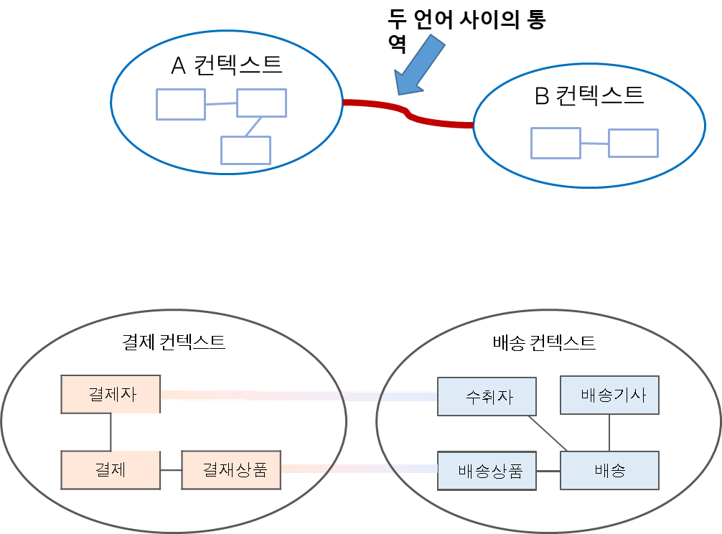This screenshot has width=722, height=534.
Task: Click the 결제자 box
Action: tap(111, 394)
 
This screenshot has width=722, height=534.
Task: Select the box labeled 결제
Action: tap(111, 470)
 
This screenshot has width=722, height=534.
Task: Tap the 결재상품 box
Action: tap(230, 470)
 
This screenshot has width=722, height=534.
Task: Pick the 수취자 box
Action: tap(487, 396)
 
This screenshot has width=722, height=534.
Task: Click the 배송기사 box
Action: tap(609, 395)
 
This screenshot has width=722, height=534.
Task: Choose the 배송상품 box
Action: tap(487, 471)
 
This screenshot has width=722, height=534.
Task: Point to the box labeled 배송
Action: tap(609, 471)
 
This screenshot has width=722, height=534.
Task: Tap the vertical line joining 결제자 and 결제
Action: tap(111, 432)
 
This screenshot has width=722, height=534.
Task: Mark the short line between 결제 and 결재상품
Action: tap(171, 470)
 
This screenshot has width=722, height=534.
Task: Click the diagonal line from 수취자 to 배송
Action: tap(547, 434)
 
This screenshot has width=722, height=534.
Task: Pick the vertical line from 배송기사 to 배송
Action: tap(609, 433)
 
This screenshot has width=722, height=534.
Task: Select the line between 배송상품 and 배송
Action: tap(548, 471)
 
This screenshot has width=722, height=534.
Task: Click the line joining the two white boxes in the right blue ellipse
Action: tap(594, 144)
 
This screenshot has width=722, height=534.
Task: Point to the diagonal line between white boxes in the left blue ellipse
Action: tap(253, 126)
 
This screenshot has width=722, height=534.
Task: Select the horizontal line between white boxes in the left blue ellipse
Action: tap(221, 104)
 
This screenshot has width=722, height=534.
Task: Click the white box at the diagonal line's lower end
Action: tap(245, 150)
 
